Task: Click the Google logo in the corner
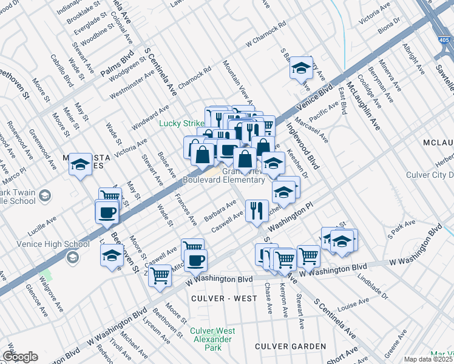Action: [21, 357]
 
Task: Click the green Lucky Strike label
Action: [181, 123]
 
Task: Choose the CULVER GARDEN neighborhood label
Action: [290, 346]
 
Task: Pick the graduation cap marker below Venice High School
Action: [112, 255]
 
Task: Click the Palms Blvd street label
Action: [117, 67]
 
